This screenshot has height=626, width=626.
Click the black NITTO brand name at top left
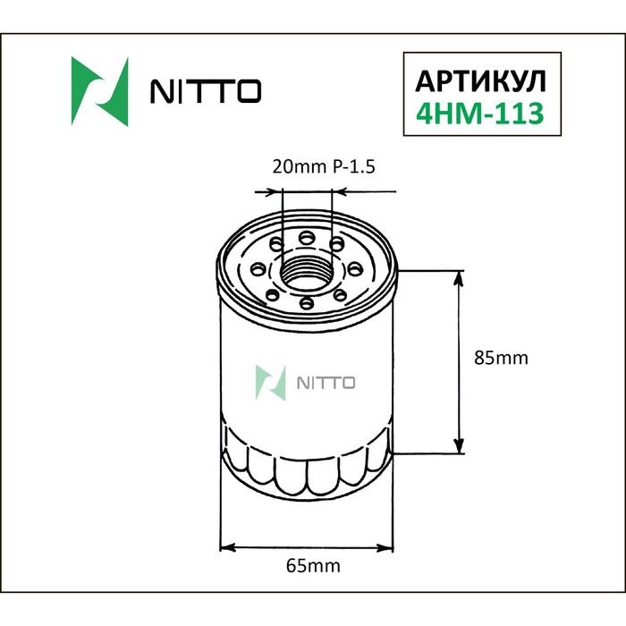(x=205, y=91)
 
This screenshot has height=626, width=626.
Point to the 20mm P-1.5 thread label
(x=309, y=166)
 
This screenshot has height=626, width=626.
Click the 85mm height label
(x=501, y=358)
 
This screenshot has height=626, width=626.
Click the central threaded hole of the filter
(x=307, y=270)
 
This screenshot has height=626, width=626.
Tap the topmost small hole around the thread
(x=307, y=237)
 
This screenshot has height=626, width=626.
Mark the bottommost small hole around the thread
(x=307, y=304)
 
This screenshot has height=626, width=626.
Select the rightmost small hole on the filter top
(x=355, y=266)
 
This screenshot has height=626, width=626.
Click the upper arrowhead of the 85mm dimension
(x=461, y=278)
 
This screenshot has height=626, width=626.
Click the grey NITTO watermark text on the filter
(x=325, y=383)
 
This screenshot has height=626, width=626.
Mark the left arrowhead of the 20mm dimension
(x=275, y=190)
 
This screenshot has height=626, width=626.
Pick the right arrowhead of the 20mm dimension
(x=338, y=190)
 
